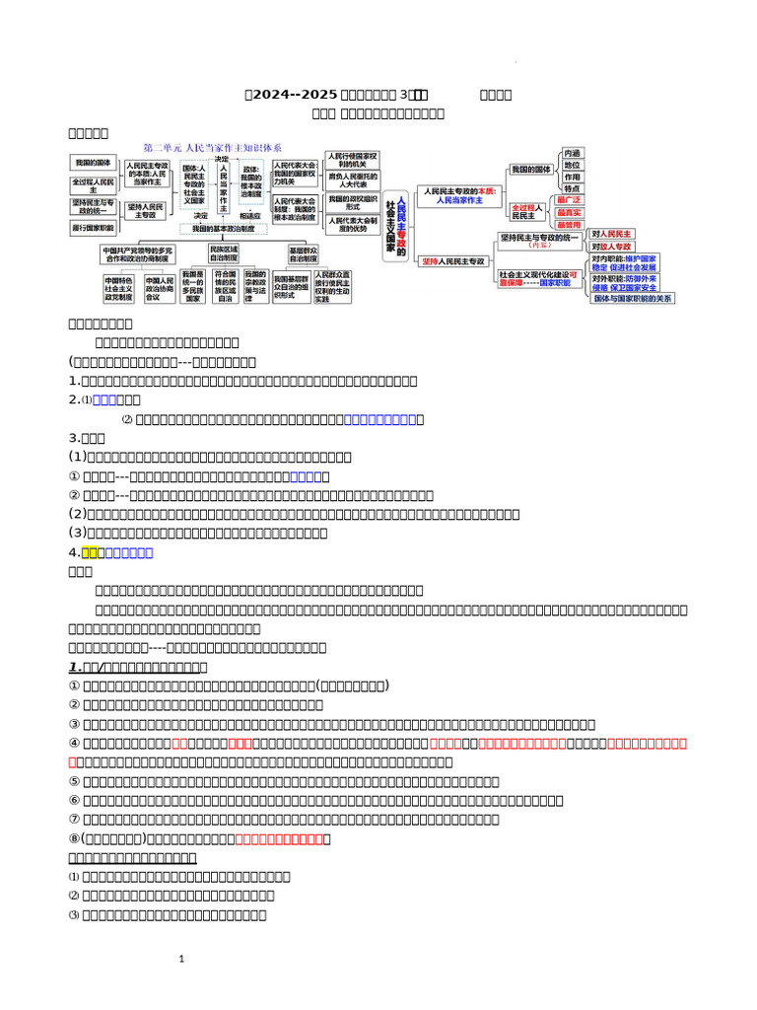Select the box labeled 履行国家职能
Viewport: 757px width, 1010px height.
coord(93,227)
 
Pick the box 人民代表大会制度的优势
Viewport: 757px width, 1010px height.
coord(352,226)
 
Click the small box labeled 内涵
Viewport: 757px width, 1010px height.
coord(573,153)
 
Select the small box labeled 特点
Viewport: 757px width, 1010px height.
coord(573,188)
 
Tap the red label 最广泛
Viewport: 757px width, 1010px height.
coord(568,200)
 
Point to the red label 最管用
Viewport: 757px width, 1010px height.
coord(568,225)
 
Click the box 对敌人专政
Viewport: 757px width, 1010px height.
coord(612,246)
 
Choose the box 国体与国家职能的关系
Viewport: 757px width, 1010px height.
coord(633,298)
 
